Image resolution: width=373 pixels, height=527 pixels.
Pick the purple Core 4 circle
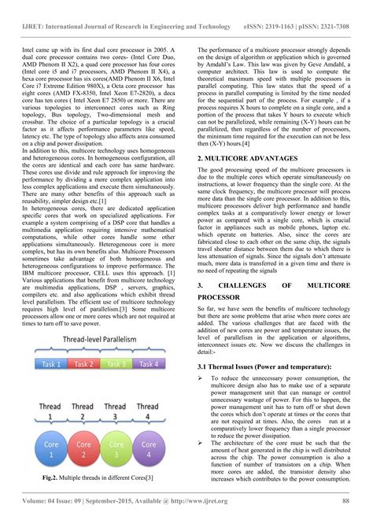pyautogui.click(x=147, y=453)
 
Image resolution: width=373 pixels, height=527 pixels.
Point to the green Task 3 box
pyautogui.click(x=115, y=364)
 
